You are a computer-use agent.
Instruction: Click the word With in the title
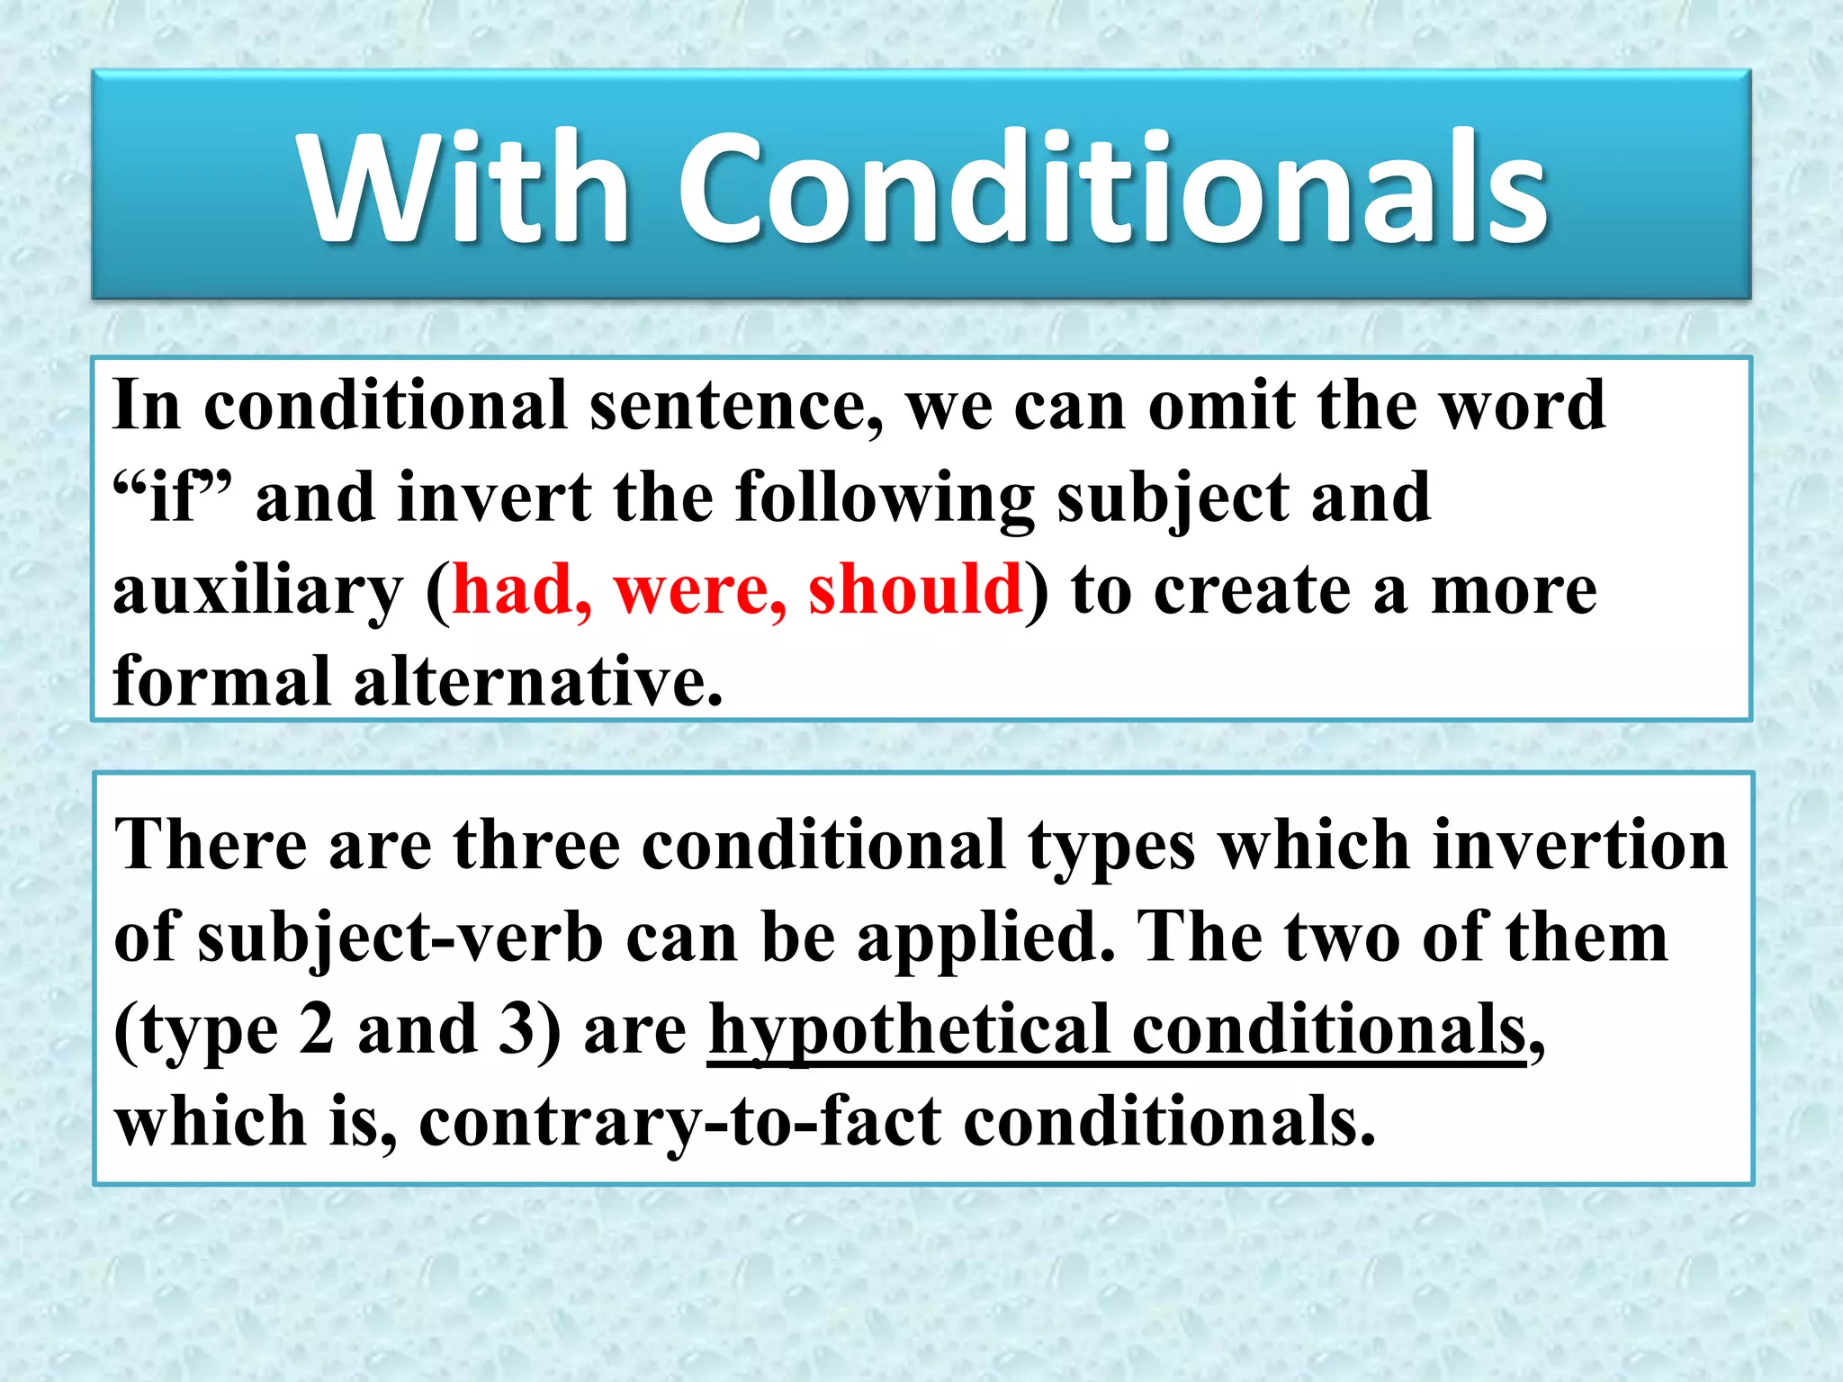(463, 189)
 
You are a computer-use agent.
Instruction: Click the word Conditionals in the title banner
(1111, 189)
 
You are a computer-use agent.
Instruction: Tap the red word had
(520, 589)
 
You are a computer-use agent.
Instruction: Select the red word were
(697, 589)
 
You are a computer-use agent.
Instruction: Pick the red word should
(914, 589)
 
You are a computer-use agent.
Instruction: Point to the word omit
(1220, 406)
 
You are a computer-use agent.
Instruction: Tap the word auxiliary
(257, 593)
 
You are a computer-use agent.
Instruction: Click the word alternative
(537, 681)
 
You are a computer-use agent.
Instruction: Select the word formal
(221, 681)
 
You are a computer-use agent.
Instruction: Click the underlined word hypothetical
(909, 1031)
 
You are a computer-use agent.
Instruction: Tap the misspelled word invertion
(1579, 846)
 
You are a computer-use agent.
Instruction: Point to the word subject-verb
(400, 939)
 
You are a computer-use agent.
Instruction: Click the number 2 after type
(316, 1029)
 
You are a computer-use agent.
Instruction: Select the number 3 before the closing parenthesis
(517, 1029)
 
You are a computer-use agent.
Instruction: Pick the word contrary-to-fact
(679, 1122)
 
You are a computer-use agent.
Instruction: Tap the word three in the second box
(536, 846)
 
